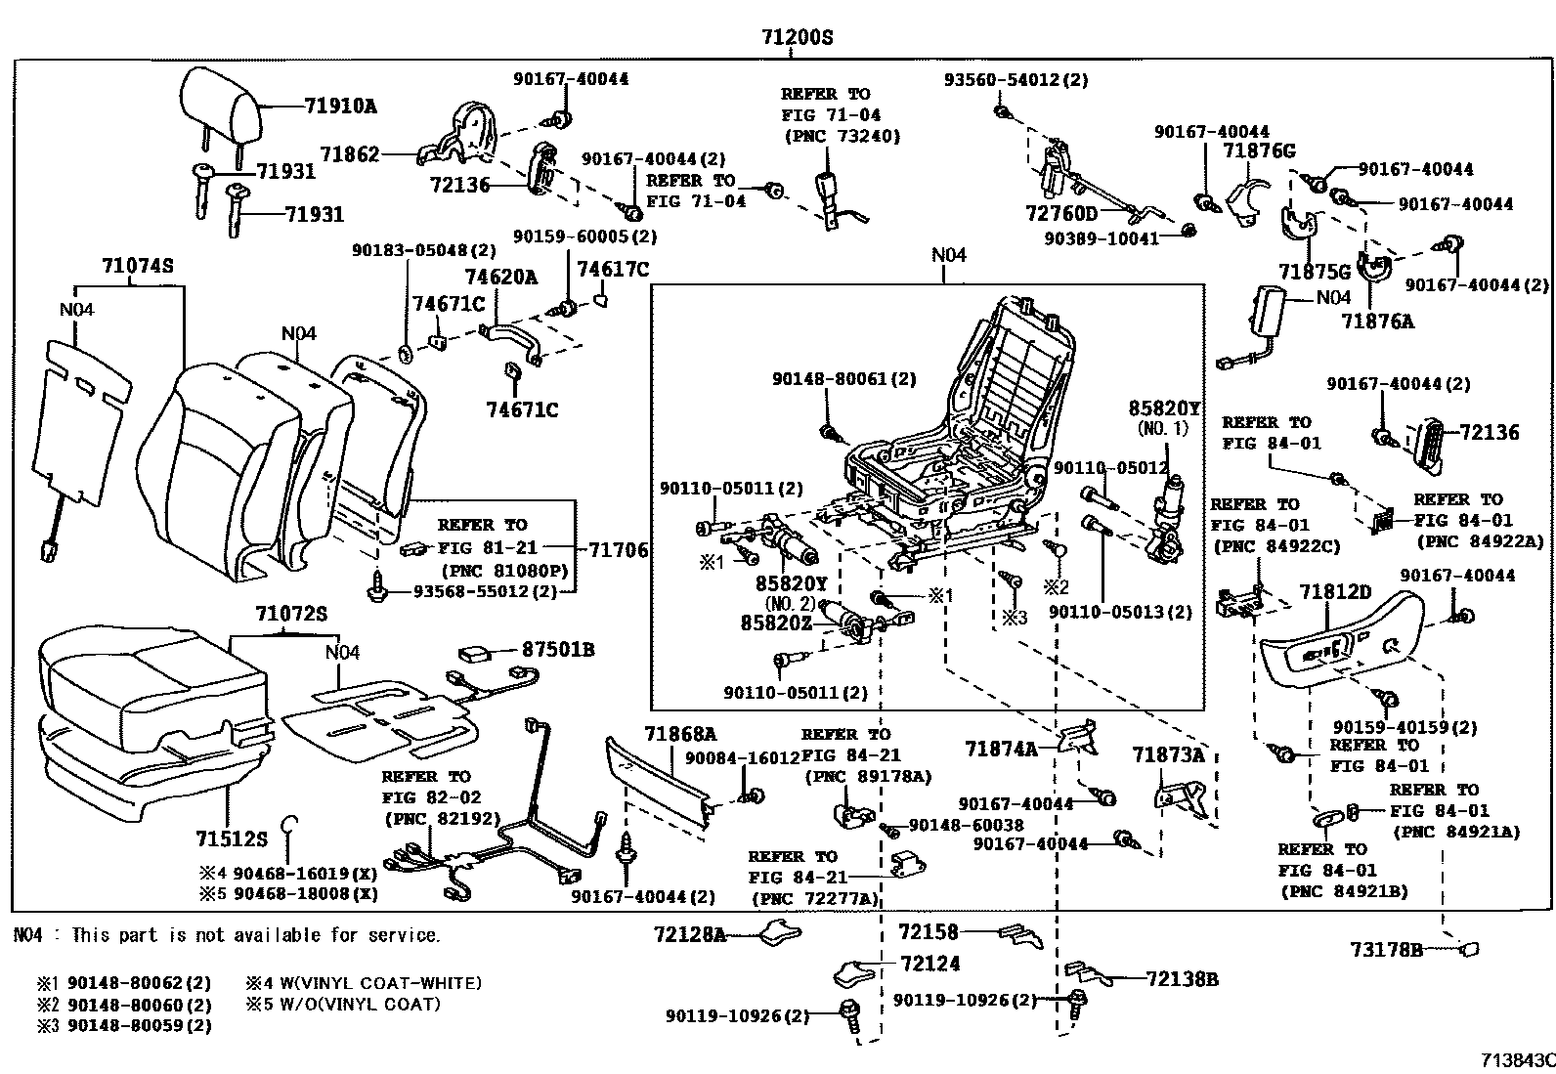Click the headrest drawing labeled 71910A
point(222,106)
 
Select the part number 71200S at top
point(798,38)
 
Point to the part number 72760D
point(1061,213)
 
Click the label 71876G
point(1259,150)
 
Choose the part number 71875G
point(1314,272)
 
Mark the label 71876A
point(1377,321)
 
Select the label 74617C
point(612,269)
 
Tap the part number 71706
point(617,550)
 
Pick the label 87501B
point(557,649)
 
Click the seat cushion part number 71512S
point(231,838)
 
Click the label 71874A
point(1001,749)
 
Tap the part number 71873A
point(1168,754)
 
